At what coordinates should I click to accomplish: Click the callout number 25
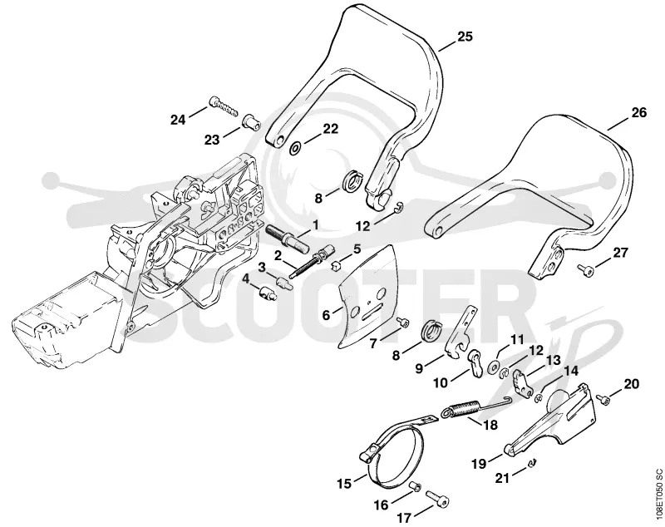click(465, 37)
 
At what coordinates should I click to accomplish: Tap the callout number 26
click(639, 113)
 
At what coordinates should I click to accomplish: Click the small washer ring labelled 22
click(296, 148)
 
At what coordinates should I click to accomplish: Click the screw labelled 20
click(603, 397)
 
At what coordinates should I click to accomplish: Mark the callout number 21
click(502, 478)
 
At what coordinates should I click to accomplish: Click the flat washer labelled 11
click(493, 366)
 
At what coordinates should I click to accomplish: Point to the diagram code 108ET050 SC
click(658, 496)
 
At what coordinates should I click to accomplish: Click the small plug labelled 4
click(268, 292)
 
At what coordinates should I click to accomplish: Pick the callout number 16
click(381, 505)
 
